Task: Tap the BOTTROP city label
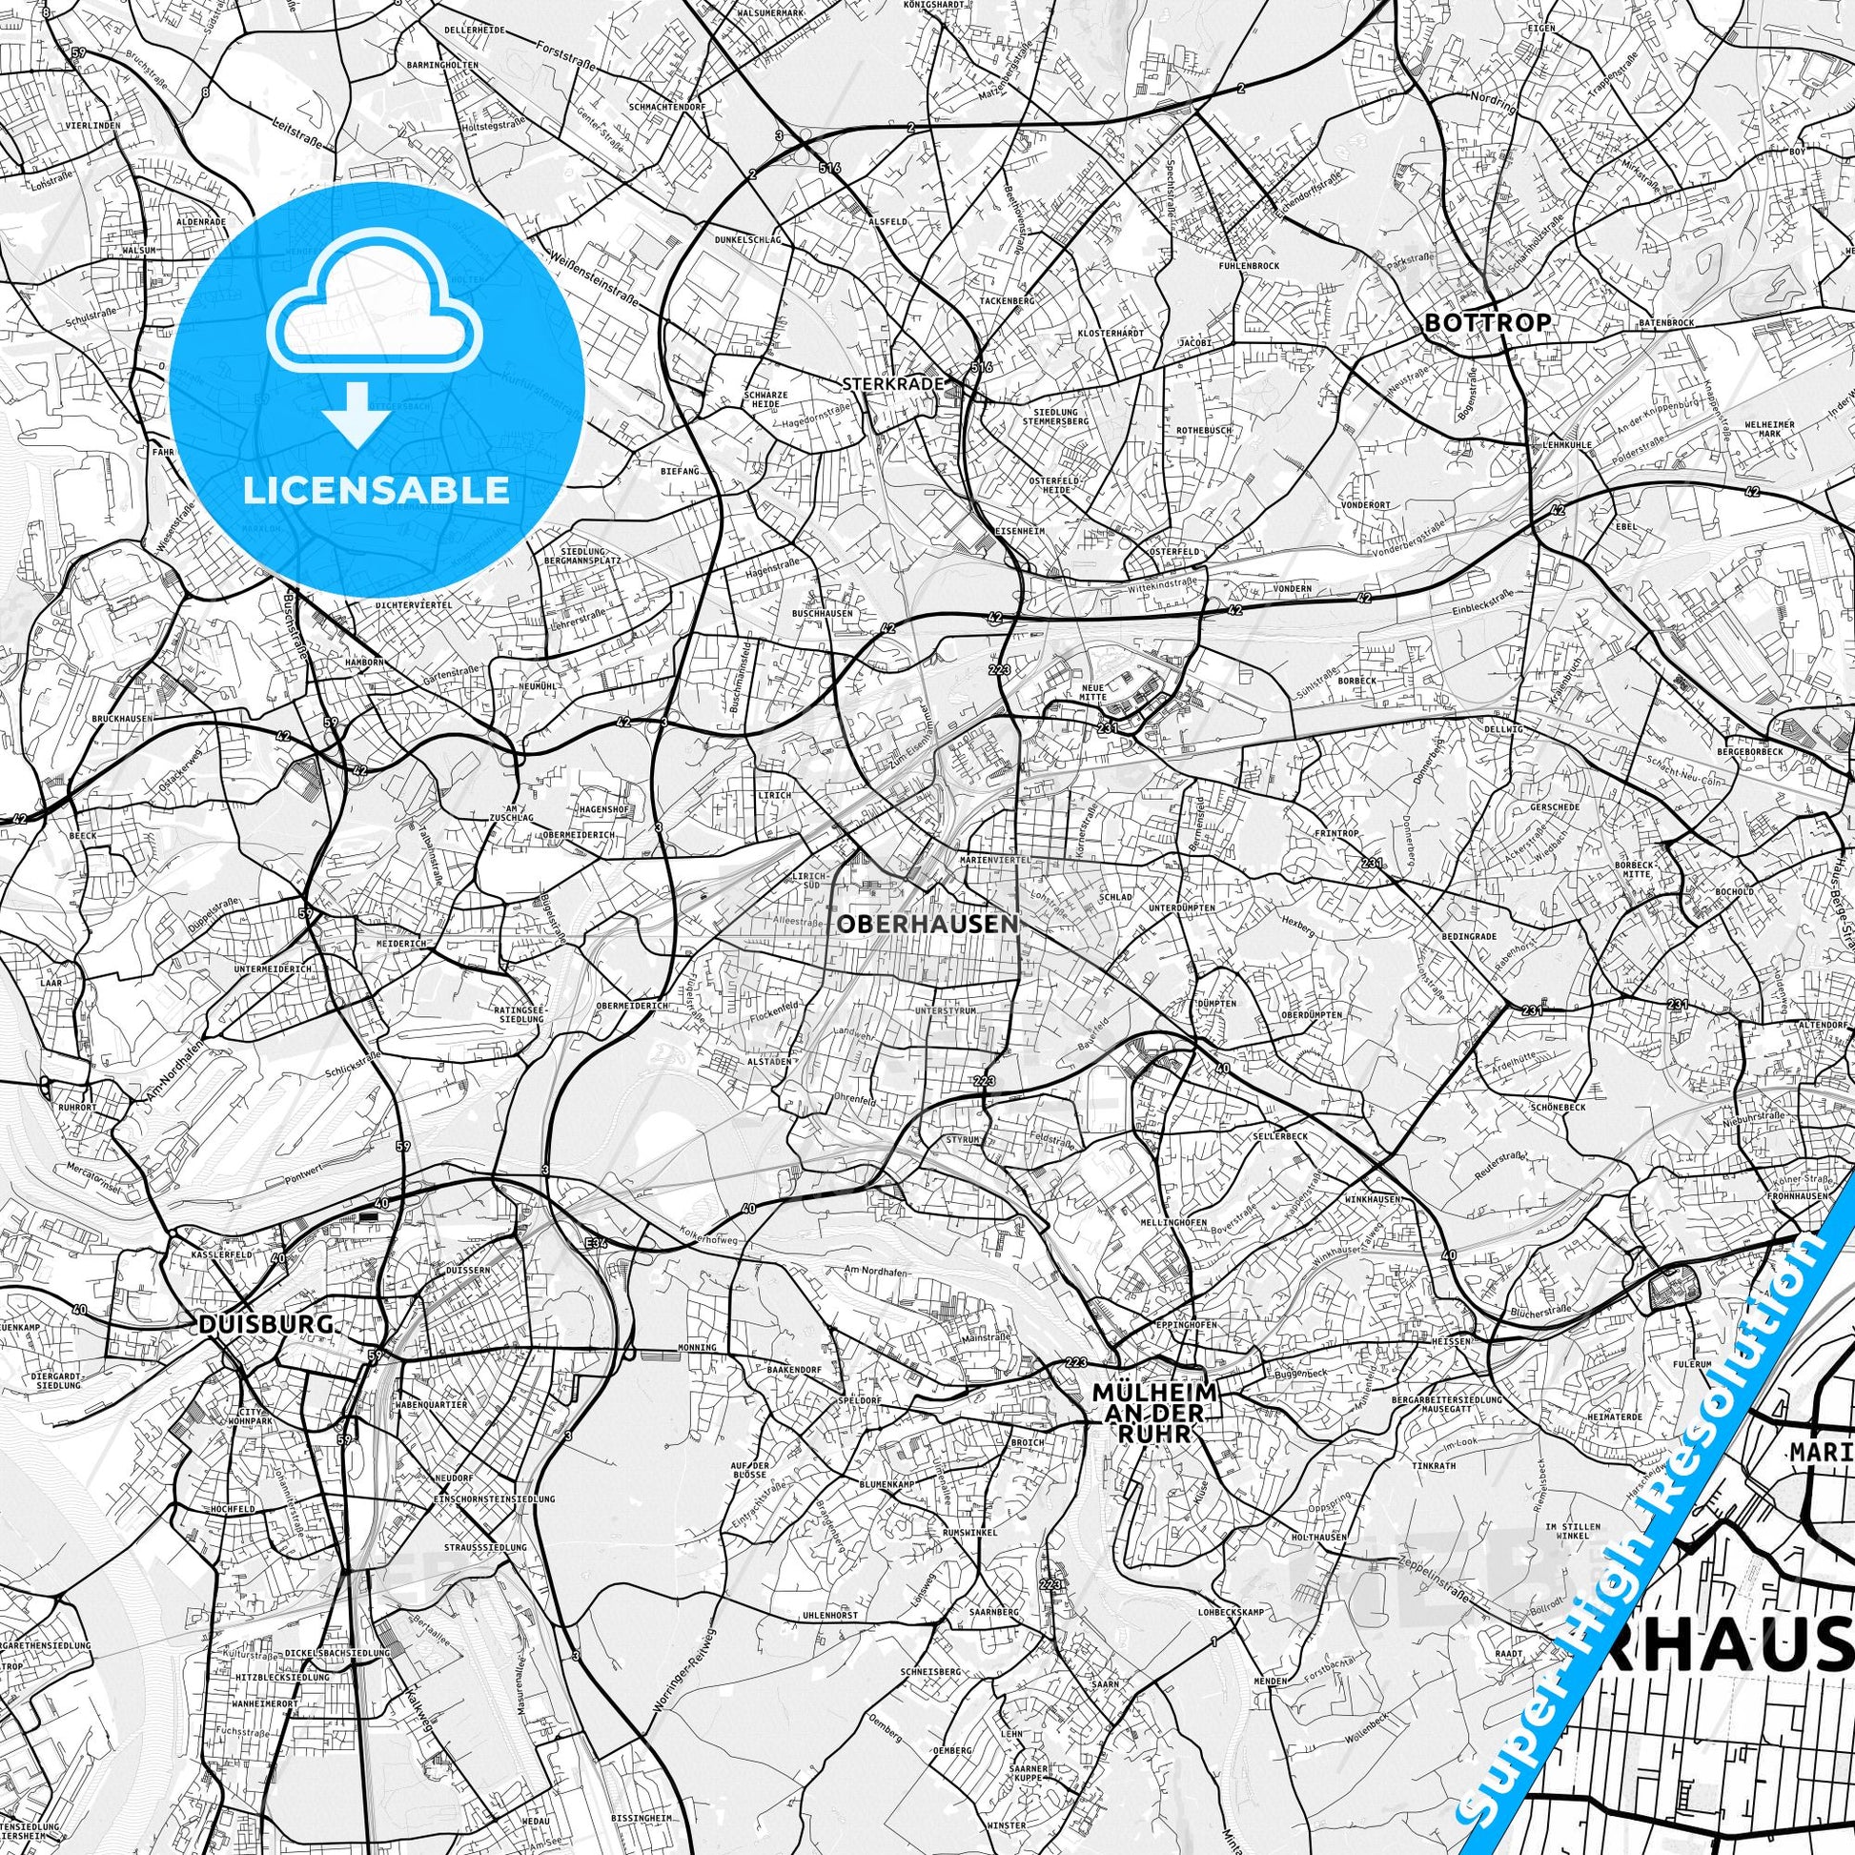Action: tap(1487, 322)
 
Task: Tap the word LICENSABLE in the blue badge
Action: tap(377, 490)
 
